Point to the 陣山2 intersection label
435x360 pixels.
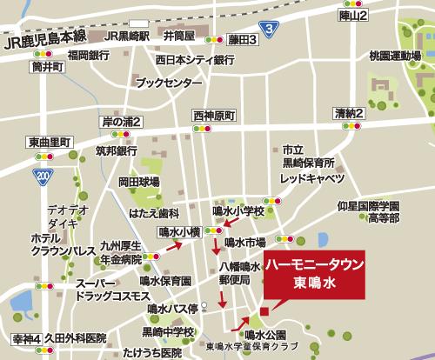[x=355, y=16]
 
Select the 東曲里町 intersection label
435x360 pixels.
[x=49, y=142]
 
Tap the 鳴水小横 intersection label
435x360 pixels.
[x=181, y=231]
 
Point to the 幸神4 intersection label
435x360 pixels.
[x=27, y=336]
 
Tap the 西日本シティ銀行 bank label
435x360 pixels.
[x=196, y=60]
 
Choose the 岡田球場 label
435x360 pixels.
[x=139, y=183]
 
